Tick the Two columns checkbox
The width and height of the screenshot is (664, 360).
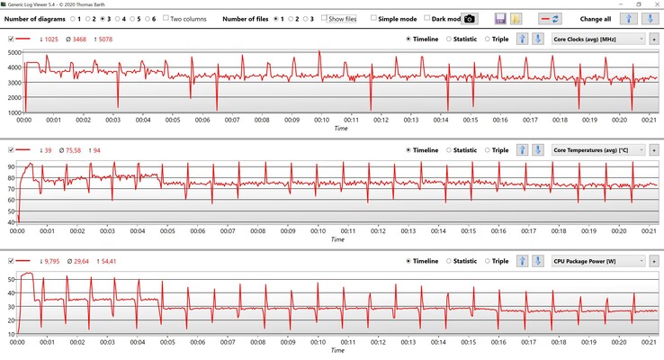click(166, 18)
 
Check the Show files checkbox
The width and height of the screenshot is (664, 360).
click(325, 18)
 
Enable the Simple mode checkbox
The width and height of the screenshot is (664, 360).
click(374, 18)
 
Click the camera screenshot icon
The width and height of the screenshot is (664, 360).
click(470, 18)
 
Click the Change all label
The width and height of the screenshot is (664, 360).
click(596, 18)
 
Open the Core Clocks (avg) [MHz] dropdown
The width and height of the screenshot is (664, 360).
click(598, 39)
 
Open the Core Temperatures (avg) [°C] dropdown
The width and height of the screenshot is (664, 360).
click(598, 150)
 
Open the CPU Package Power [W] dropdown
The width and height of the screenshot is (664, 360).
click(598, 261)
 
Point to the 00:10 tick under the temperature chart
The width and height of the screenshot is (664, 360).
click(320, 230)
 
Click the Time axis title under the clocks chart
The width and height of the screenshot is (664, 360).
click(340, 128)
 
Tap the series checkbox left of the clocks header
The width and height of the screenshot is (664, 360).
click(11, 40)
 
